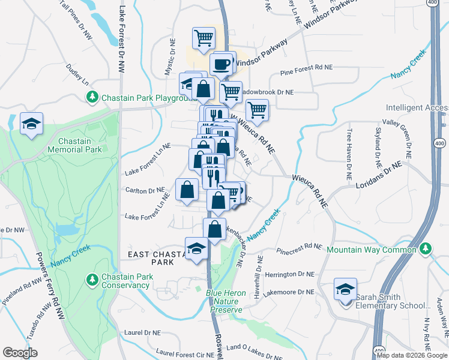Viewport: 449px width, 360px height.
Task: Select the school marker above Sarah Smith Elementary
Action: (345, 290)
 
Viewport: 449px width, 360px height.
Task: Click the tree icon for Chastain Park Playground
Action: (92, 97)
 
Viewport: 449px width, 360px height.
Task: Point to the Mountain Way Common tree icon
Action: (426, 248)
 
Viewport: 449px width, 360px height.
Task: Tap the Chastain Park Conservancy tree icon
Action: (92, 279)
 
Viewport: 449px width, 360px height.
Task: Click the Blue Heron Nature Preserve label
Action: (224, 302)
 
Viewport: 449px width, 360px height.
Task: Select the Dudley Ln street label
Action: (77, 74)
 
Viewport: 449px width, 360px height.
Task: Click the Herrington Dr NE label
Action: (288, 275)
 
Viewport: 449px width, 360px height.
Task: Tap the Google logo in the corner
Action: (20, 353)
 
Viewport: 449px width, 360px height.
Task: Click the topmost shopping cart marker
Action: (203, 38)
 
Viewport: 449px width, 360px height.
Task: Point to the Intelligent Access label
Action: (417, 108)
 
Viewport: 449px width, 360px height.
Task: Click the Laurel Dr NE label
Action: (142, 332)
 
